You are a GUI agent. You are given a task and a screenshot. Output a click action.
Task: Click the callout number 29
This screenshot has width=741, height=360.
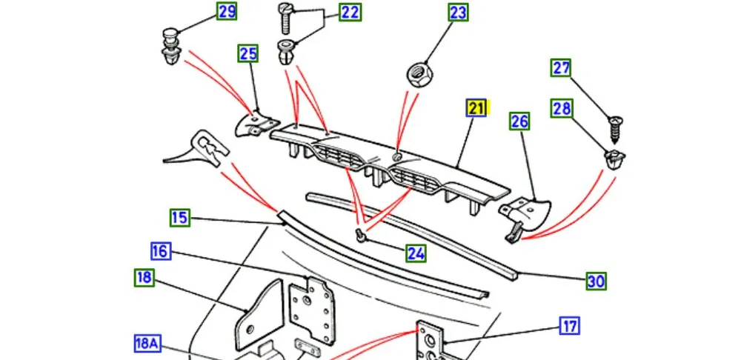227,11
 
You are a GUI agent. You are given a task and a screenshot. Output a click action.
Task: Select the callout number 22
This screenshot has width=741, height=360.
350,12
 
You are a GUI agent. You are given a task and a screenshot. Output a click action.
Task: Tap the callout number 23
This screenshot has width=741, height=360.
458,13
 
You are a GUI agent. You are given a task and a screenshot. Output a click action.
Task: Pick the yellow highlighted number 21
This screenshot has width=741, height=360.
476,108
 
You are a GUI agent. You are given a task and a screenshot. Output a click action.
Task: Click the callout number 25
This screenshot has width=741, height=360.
247,53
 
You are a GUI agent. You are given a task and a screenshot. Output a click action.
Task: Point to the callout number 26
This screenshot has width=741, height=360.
519,121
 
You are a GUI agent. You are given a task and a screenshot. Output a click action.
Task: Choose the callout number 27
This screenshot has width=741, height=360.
562,68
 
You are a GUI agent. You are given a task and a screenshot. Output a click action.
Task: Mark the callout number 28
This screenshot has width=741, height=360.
562,109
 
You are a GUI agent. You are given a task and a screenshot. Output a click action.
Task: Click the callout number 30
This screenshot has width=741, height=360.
597,281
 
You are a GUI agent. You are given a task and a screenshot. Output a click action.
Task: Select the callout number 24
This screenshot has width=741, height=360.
416,253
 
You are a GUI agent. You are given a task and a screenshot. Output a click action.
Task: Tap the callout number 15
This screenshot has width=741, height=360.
179,218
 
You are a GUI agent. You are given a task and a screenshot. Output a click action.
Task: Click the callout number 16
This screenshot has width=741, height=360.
160,251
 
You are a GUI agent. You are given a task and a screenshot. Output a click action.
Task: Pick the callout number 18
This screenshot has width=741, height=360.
144,278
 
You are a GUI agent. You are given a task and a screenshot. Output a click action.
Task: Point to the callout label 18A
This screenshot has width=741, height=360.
147,344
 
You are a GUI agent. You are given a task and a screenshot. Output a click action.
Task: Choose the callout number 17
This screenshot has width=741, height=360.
569,326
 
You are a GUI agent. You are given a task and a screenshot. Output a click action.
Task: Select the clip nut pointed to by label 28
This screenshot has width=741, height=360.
613,159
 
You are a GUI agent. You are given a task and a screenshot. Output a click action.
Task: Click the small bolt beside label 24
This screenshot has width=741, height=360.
361,236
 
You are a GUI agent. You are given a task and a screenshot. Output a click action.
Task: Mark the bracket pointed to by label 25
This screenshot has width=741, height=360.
256,123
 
